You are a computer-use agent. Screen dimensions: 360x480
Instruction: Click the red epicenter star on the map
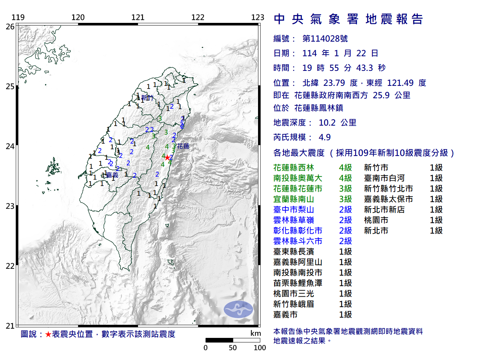(167, 157)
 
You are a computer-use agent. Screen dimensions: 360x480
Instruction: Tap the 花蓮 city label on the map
(183, 146)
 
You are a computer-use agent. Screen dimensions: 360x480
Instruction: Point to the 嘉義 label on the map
(112, 175)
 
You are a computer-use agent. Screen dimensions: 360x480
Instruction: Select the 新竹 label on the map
(147, 98)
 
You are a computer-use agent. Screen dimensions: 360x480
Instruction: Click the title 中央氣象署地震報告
(348, 19)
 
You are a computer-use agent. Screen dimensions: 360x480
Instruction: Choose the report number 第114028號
(325, 39)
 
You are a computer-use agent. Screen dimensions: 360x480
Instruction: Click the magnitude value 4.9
(325, 137)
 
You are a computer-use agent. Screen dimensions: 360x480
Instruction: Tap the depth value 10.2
(327, 123)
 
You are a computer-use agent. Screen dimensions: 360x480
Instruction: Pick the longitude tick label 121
(138, 17)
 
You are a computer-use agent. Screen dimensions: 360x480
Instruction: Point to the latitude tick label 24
(10, 146)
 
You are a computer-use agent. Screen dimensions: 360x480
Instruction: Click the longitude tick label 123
(258, 17)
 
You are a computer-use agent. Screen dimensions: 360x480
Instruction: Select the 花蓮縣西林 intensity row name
(294, 168)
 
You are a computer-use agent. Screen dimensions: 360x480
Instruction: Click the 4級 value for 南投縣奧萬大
(345, 178)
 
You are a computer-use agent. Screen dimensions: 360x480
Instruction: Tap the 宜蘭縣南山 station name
(294, 199)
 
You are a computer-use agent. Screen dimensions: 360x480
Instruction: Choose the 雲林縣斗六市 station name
(298, 241)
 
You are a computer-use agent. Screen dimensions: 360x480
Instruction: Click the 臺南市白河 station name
(384, 178)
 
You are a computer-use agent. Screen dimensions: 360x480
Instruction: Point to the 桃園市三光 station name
(294, 294)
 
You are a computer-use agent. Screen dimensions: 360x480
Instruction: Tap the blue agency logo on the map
(238, 309)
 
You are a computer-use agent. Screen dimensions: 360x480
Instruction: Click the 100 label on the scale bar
(259, 348)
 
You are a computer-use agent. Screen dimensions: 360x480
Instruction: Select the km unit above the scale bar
(256, 333)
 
